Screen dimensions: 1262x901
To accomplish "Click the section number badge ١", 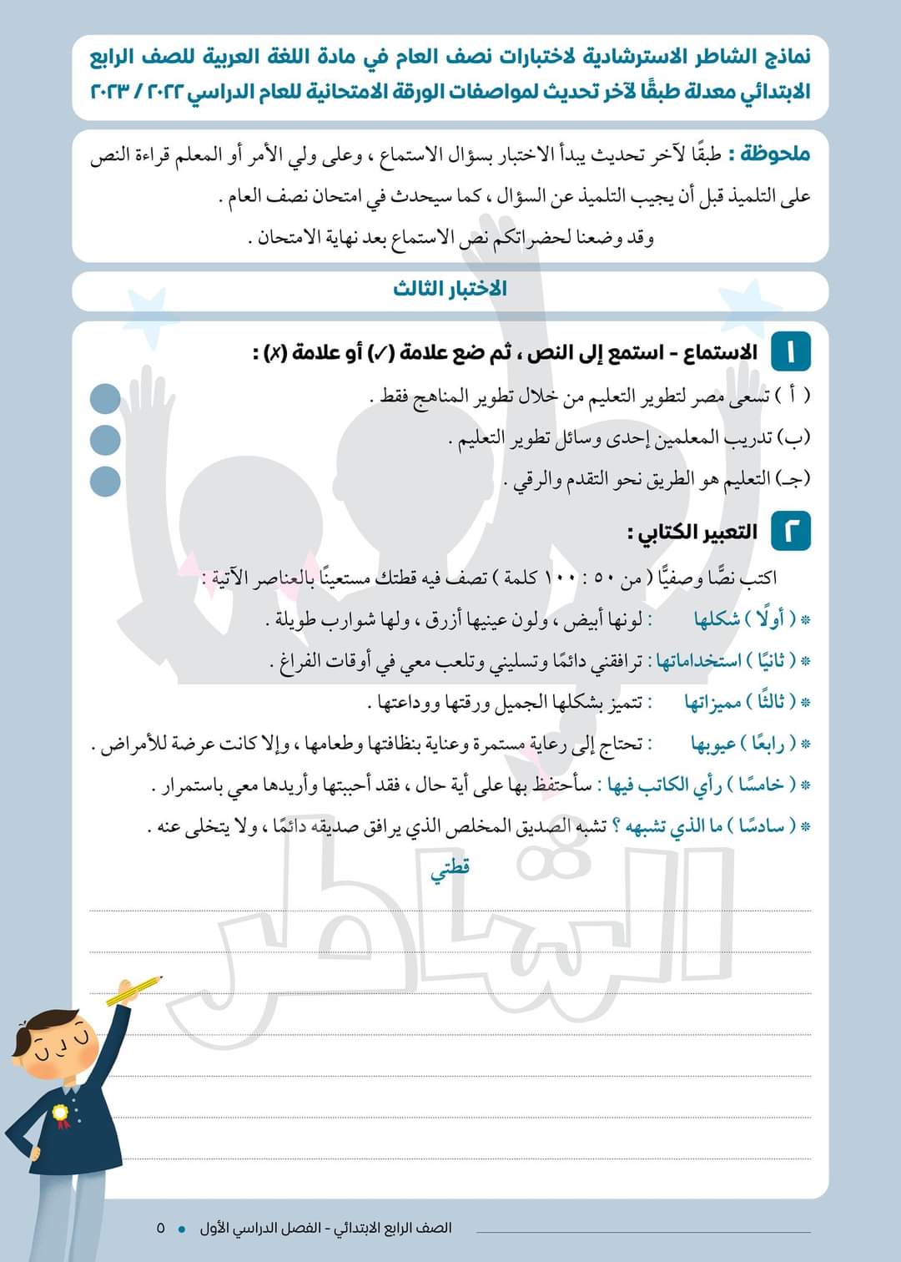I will (x=790, y=352).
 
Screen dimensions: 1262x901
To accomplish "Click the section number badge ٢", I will (x=790, y=532).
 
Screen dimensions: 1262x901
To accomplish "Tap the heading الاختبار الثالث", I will (x=450, y=289).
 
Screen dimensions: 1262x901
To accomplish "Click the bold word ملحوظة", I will (x=768, y=154).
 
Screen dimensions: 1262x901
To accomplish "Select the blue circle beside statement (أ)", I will (x=105, y=399).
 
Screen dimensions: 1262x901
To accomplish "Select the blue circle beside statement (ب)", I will (x=105, y=440).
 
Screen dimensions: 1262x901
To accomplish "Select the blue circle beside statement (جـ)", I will (x=105, y=481).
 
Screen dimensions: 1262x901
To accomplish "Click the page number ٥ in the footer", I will (x=161, y=1228).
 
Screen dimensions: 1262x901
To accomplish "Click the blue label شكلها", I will (x=717, y=619).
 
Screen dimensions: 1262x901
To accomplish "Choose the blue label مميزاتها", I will (x=712, y=702).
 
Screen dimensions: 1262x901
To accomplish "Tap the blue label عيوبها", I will (x=712, y=743).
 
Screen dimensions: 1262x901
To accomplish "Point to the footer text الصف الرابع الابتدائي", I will (x=393, y=1228).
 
